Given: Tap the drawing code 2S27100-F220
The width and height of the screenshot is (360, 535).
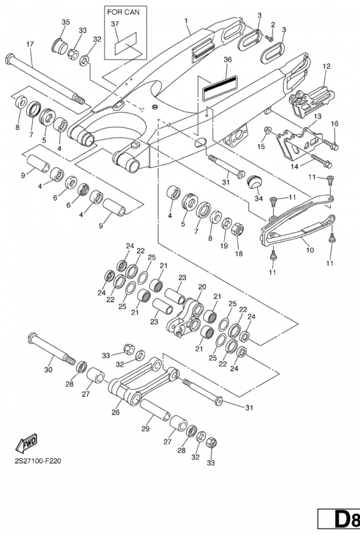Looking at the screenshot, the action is pos(38,461).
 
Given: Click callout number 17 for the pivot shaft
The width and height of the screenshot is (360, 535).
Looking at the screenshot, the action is pos(30,44).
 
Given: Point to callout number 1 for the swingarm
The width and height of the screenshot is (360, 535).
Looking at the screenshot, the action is pos(186,21).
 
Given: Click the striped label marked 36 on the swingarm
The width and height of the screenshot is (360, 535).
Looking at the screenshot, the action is pos(220,88).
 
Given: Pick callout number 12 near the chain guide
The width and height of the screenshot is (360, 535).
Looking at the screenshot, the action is pos(327,66).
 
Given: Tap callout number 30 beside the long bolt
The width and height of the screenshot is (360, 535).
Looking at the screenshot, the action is pos(48,369).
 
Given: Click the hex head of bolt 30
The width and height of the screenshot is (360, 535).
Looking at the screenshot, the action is pos(32,338).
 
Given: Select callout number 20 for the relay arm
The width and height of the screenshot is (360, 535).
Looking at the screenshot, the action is pos(202,287).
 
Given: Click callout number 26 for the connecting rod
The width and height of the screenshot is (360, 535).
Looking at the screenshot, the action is pos(116,412).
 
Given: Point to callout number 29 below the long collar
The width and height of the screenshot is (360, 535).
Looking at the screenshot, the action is pos(145,429).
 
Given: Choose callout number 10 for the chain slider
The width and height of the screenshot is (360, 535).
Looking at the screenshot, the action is pos(310,250).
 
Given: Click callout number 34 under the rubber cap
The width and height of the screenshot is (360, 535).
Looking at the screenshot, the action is pos(258,198).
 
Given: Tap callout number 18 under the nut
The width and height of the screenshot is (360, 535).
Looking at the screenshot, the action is pos(239,253).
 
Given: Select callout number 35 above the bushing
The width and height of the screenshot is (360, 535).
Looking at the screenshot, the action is pos(66,22).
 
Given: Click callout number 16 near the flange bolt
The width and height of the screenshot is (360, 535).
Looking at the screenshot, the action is pos(335,123).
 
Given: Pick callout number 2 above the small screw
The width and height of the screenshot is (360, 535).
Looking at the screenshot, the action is pos(273,24).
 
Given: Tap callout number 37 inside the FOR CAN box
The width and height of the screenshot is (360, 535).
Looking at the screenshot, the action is pos(115,24).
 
